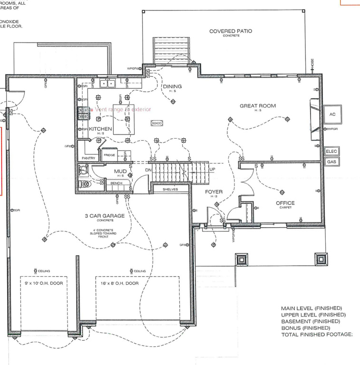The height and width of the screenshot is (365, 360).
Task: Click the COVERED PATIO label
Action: pyautogui.click(x=231, y=31)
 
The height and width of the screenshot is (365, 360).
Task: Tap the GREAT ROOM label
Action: pyautogui.click(x=258, y=106)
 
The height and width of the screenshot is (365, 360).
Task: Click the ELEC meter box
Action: pyautogui.click(x=332, y=152)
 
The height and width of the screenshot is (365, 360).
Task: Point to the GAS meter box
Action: pyautogui.click(x=332, y=162)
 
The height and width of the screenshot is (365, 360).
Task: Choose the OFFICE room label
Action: pyautogui.click(x=285, y=203)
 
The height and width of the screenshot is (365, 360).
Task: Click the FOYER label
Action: pyautogui.click(x=214, y=192)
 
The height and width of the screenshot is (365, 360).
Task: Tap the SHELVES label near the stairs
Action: pyautogui.click(x=170, y=189)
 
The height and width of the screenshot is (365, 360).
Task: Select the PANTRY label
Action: pyautogui.click(x=88, y=158)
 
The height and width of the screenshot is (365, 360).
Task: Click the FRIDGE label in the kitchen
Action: pyautogui.click(x=109, y=155)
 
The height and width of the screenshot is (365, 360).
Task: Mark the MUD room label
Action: pyautogui.click(x=119, y=171)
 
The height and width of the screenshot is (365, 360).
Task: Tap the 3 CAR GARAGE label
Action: pyautogui.click(x=105, y=216)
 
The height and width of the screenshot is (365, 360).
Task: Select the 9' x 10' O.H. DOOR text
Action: pyautogui.click(x=44, y=283)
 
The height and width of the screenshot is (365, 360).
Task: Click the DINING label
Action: pyautogui.click(x=172, y=86)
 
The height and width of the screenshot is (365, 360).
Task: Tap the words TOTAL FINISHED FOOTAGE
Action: pyautogui.click(x=317, y=335)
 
